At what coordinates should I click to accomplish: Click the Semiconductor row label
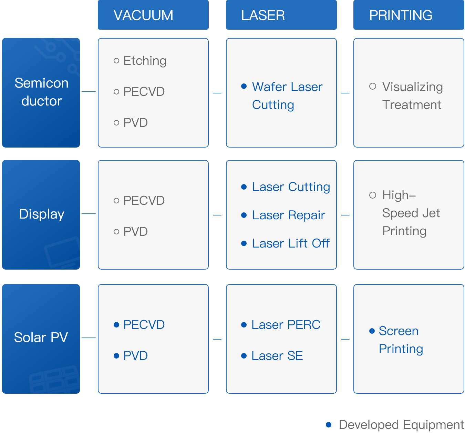pyautogui.click(x=41, y=92)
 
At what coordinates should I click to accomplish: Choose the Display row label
pyautogui.click(x=41, y=214)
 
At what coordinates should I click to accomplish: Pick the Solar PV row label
pyautogui.click(x=41, y=338)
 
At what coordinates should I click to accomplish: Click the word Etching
pyautogui.click(x=145, y=61)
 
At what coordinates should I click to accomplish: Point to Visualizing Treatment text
pyautogui.click(x=412, y=95)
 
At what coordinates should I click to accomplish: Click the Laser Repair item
pyautogui.click(x=288, y=215)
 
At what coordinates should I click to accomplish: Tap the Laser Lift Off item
pyautogui.click(x=291, y=243)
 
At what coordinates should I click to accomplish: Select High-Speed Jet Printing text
pyautogui.click(x=411, y=213)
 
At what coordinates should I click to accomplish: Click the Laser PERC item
pyautogui.click(x=286, y=325)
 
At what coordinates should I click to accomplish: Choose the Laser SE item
pyautogui.click(x=277, y=356)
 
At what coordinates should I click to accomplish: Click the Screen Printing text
pyautogui.click(x=400, y=340)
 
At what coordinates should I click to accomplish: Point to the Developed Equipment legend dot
pyautogui.click(x=329, y=425)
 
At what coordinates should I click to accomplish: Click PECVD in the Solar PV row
pyautogui.click(x=144, y=325)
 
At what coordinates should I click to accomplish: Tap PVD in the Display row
pyautogui.click(x=135, y=232)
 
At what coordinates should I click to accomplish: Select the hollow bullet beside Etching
pyautogui.click(x=116, y=61)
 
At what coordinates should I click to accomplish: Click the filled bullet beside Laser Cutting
pyautogui.click(x=244, y=187)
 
